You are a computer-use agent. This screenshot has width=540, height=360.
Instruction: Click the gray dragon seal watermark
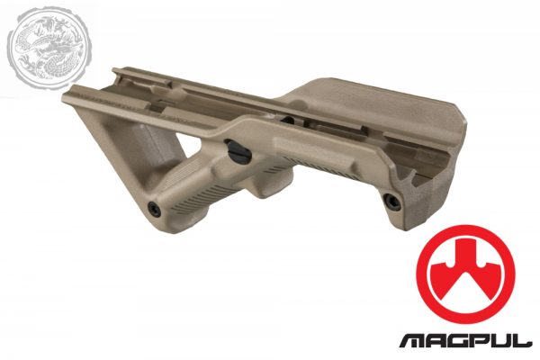tap(48, 49)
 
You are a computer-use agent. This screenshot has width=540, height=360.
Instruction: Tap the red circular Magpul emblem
tap(465, 274)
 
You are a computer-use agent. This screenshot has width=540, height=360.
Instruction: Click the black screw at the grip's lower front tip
tap(154, 209)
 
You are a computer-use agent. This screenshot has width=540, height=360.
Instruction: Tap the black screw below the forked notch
tap(391, 202)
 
